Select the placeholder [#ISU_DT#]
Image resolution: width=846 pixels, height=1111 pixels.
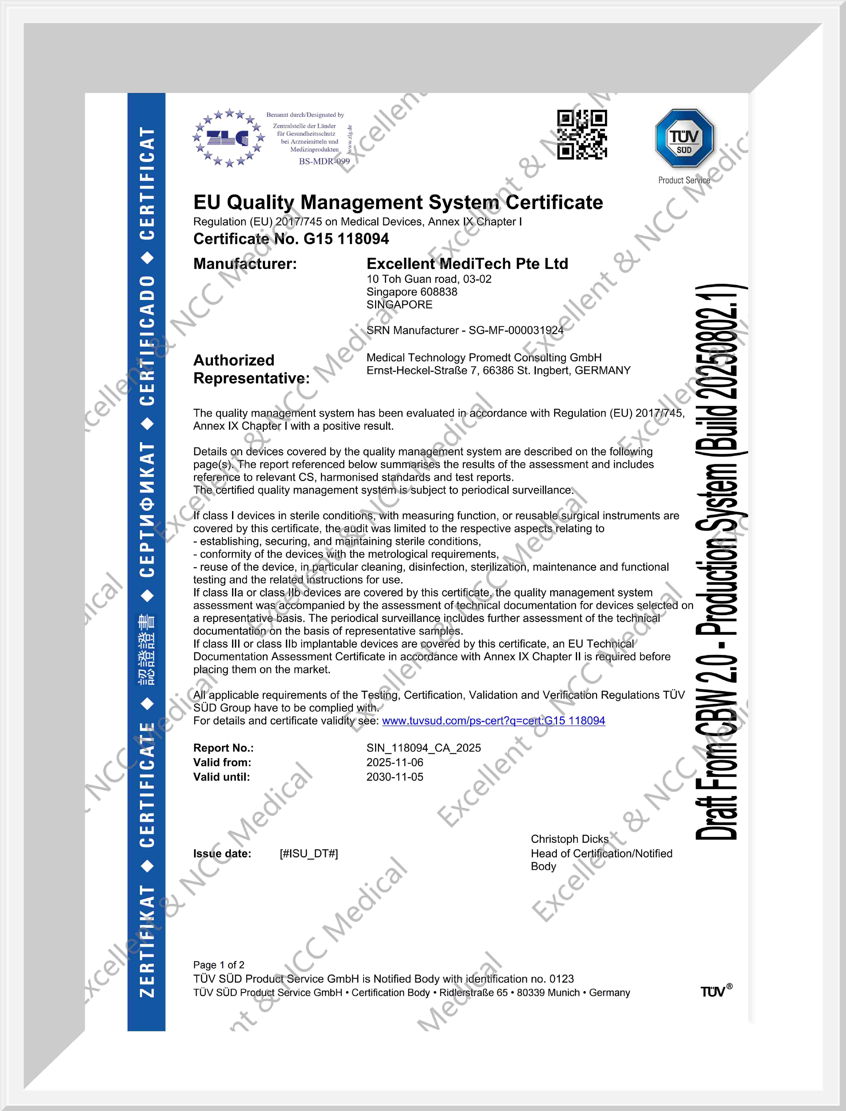[x=309, y=854]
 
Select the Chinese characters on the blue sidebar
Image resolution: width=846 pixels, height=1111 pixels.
[x=146, y=650]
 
